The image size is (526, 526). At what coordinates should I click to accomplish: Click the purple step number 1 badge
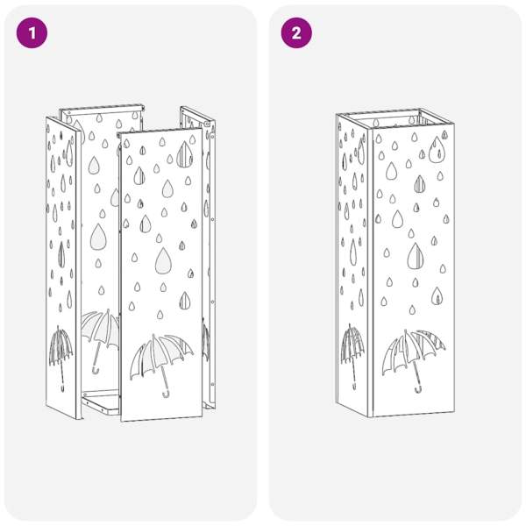(32, 33)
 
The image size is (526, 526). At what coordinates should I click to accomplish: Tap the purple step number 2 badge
(296, 33)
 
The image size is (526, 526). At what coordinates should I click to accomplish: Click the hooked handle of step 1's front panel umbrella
(166, 394)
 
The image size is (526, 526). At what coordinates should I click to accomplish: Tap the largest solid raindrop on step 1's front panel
(163, 260)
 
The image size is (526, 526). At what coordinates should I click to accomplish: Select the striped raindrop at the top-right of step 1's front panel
(184, 154)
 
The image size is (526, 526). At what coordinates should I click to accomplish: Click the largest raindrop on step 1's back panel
(98, 237)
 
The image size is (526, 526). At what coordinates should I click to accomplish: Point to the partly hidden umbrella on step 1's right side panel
(206, 338)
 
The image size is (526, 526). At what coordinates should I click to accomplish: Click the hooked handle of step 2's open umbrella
(417, 389)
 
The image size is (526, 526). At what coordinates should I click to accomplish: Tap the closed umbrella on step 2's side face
(352, 356)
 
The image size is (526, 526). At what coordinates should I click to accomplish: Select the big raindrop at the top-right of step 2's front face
(437, 150)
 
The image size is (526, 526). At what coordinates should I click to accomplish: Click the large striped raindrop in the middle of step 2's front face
(416, 256)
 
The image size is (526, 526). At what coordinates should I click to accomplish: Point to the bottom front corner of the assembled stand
(371, 417)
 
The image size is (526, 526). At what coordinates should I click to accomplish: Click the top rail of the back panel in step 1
(102, 109)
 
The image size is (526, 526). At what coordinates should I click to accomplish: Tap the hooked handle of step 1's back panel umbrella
(96, 370)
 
